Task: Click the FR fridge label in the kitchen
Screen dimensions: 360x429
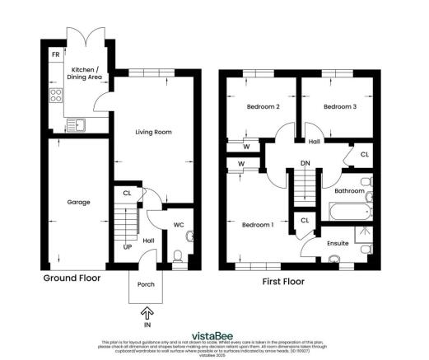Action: (55, 54)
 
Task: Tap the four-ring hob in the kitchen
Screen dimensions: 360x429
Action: (57, 95)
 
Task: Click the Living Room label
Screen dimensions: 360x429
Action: (153, 131)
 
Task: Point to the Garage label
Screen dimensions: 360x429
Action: (77, 202)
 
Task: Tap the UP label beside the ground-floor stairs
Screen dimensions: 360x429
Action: (127, 245)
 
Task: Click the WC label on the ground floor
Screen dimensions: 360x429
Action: (179, 224)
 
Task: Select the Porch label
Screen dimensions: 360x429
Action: (146, 285)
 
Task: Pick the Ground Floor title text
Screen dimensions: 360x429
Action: (72, 278)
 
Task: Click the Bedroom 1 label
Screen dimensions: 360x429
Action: (257, 224)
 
